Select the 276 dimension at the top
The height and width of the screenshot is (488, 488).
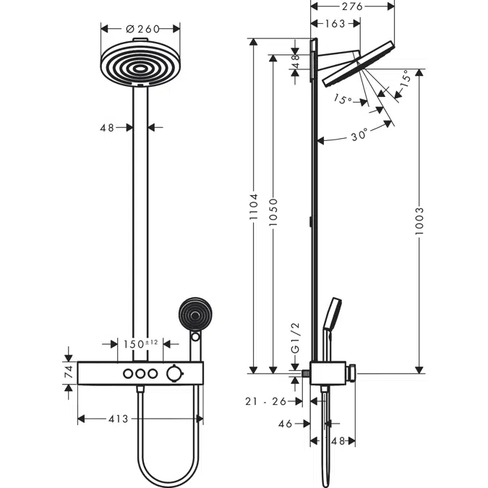352,7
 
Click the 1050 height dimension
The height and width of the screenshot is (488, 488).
272,213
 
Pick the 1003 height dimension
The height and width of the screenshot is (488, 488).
420,221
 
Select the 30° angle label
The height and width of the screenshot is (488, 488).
359,134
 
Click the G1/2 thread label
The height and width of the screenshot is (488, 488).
294,341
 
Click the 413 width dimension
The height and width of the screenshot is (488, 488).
118,419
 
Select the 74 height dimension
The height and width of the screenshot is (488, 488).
69,373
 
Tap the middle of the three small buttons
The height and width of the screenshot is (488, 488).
140,373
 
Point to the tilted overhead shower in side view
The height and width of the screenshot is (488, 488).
359,64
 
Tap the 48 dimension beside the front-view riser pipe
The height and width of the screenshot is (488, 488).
107,127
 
